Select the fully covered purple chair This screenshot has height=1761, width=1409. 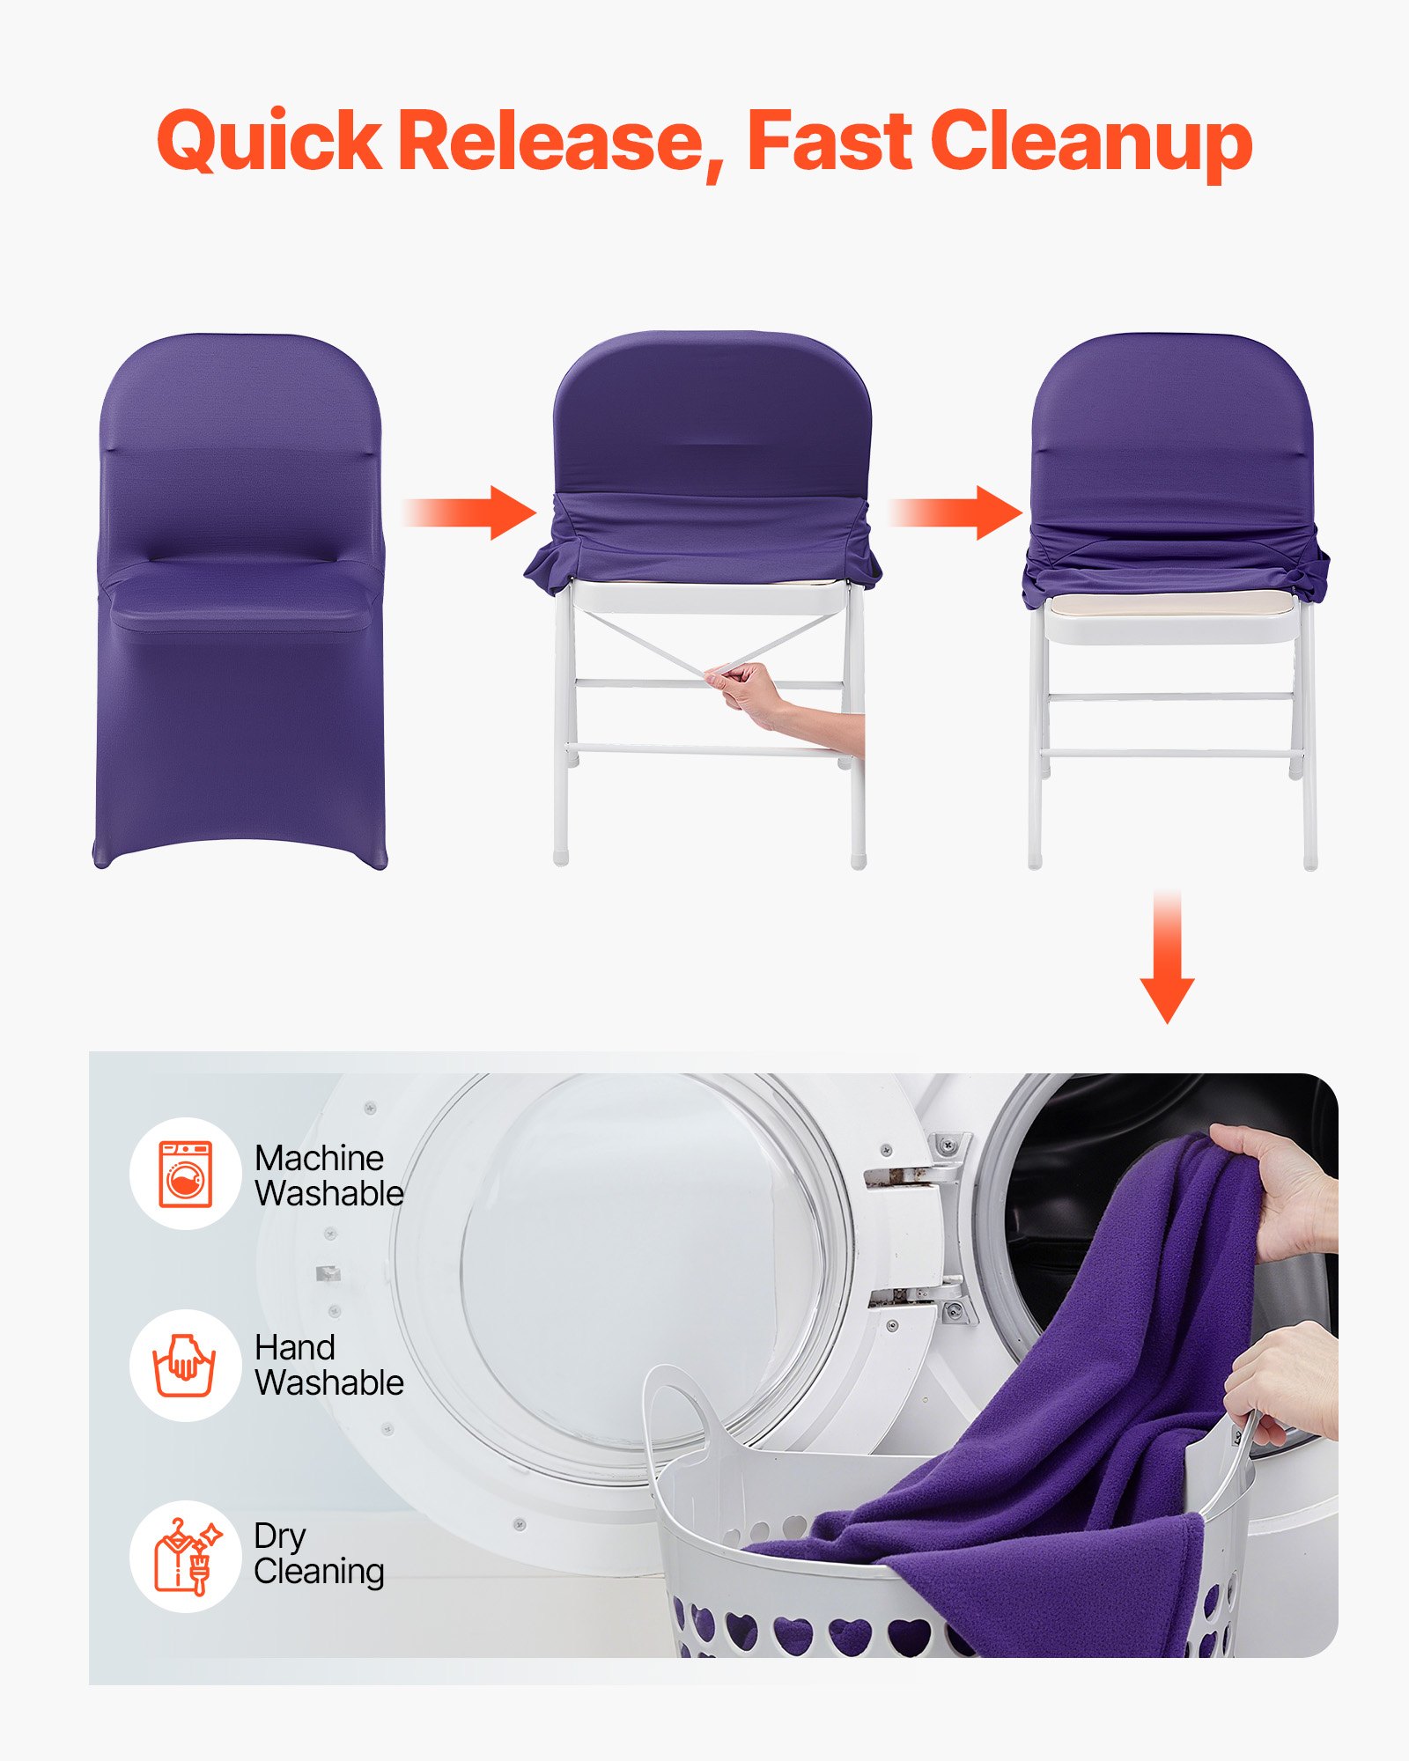(x=240, y=599)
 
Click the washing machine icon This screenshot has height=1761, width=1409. (x=186, y=1174)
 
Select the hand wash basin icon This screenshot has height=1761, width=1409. (x=185, y=1365)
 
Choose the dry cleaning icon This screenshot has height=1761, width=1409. (x=185, y=1557)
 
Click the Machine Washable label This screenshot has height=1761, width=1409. (x=328, y=1175)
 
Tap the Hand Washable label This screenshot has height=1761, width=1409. (x=328, y=1365)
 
